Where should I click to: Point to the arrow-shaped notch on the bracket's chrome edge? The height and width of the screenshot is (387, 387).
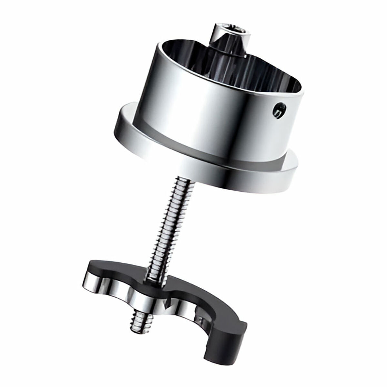(167, 303)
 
